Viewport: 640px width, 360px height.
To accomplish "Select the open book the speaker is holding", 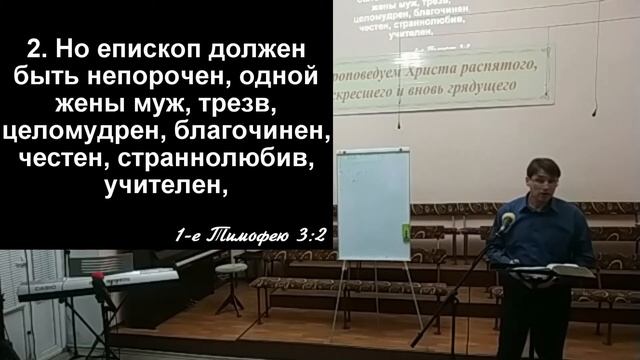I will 564,270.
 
